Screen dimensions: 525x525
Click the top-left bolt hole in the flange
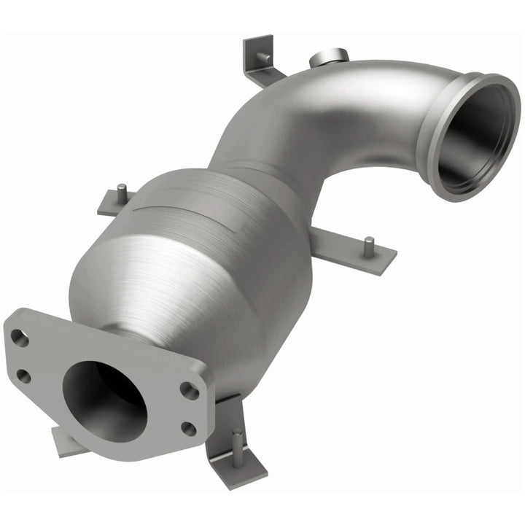pos(20,338)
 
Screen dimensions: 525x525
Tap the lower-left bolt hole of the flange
pos(23,376)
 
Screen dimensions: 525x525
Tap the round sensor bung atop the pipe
pos(330,57)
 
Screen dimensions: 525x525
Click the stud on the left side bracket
pos(122,192)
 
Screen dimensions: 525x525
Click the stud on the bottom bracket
pos(237,439)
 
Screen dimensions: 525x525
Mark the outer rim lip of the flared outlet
pos(437,139)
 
